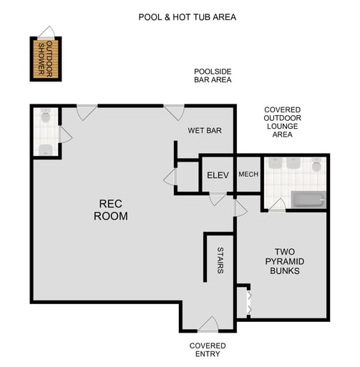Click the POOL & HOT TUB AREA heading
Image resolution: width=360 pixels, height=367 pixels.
point(188,16)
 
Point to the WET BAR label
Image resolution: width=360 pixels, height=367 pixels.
point(205,131)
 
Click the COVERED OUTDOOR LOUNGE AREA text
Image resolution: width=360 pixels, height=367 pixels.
point(282,121)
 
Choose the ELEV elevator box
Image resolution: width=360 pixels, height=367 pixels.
point(217,175)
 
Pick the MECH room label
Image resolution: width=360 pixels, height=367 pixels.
point(248,175)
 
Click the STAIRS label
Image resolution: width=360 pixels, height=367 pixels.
point(220,260)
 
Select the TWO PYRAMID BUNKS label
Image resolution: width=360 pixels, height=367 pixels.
point(284,262)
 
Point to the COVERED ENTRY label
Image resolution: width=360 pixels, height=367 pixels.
point(208,350)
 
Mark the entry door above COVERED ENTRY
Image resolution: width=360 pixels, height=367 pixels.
point(208,326)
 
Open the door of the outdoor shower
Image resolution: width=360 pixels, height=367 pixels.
point(47,32)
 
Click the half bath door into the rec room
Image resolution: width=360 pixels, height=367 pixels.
point(65,134)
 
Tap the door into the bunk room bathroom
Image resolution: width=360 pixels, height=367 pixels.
point(278,205)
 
